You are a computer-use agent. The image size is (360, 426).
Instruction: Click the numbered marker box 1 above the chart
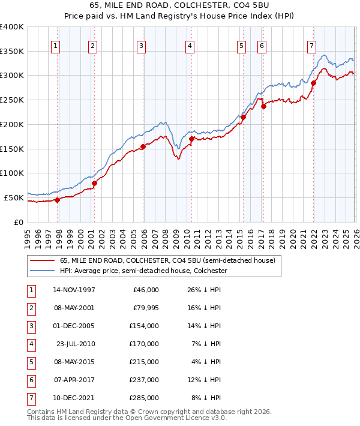(55, 45)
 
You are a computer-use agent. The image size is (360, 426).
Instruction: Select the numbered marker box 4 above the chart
(189, 45)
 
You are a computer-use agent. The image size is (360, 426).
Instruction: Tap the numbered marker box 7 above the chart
(311, 45)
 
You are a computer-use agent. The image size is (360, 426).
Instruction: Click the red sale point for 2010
(191, 139)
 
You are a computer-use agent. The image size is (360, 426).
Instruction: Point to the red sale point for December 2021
(313, 83)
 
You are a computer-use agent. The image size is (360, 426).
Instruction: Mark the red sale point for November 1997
(58, 200)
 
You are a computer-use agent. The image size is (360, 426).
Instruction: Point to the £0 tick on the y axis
(18, 222)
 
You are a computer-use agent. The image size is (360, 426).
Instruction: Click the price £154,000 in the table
(144, 326)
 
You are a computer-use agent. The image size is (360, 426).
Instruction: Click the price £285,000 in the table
(144, 398)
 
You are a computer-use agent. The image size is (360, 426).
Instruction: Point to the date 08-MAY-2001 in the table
(74, 308)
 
